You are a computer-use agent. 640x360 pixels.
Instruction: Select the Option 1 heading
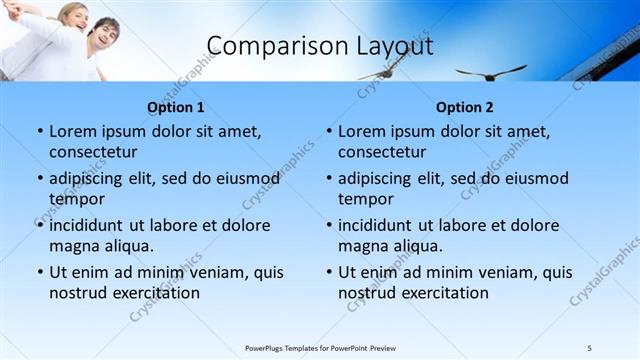click(176, 107)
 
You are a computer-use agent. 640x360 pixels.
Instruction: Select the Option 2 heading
click(465, 107)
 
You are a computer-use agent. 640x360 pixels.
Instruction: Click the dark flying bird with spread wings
click(490, 71)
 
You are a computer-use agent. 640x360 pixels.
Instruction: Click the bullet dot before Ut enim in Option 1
click(39, 272)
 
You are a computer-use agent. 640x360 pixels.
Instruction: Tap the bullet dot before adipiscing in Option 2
click(328, 178)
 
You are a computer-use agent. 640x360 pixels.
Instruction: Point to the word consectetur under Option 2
click(382, 152)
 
